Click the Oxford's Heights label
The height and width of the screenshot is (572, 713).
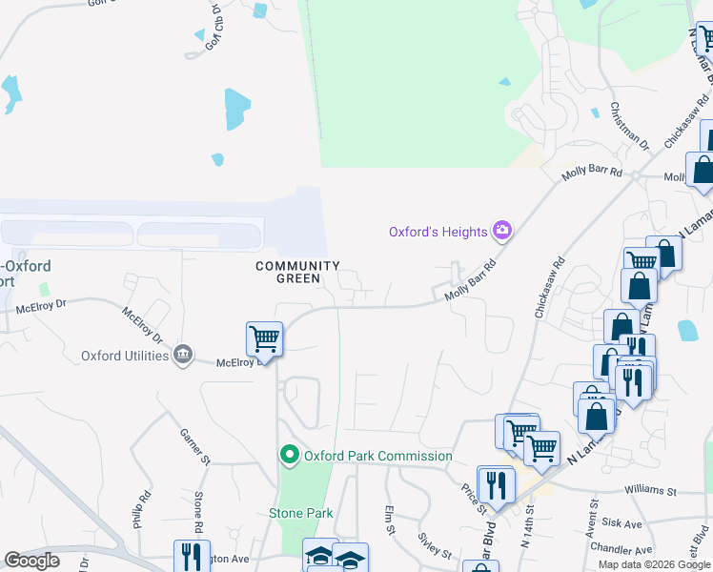[438, 232]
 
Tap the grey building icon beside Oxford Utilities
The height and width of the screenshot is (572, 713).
[181, 356]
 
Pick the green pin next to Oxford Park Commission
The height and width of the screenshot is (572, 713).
[291, 456]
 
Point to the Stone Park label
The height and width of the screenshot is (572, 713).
[300, 513]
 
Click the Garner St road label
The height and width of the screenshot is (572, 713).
[194, 447]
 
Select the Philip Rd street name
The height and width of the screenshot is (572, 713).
[142, 510]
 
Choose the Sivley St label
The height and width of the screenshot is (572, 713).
[434, 544]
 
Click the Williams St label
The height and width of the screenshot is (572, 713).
[650, 492]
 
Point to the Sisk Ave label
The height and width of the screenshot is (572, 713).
[622, 523]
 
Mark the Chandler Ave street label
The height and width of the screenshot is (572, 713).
[621, 550]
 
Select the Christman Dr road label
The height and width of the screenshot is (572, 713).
[629, 127]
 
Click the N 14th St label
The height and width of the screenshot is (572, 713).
[525, 529]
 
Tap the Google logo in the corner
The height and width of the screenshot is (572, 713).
[31, 561]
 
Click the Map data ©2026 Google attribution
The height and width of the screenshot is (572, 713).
[655, 564]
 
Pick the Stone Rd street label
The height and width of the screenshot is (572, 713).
[198, 512]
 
